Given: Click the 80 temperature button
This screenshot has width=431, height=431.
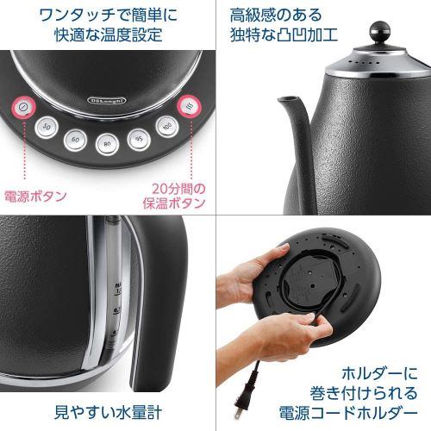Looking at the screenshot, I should pyautogui.click(x=106, y=144).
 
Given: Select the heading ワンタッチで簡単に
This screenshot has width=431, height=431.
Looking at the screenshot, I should pyautogui.click(x=107, y=16).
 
